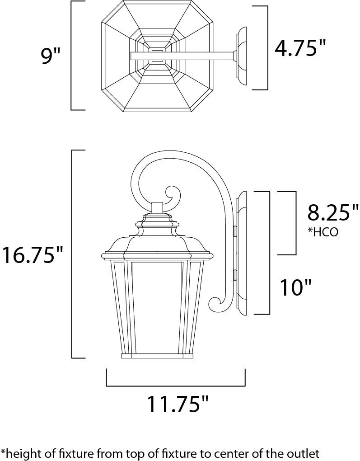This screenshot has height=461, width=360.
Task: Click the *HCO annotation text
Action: click(323, 232)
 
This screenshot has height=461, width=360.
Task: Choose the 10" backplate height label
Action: click(295, 287)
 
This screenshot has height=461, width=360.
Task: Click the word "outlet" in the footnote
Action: click(304, 452)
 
